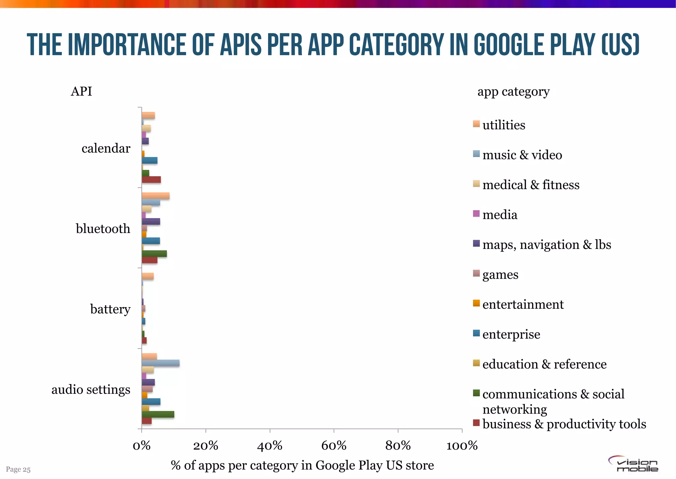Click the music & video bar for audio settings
click(x=161, y=363)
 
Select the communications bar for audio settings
click(x=158, y=415)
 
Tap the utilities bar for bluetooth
click(x=155, y=196)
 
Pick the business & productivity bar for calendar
click(x=151, y=180)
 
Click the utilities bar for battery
click(x=148, y=276)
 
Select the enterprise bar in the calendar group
click(x=150, y=161)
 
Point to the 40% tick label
click(x=270, y=446)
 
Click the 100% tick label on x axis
click(x=462, y=446)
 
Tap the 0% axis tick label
click(x=142, y=446)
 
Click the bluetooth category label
click(x=103, y=229)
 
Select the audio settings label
click(x=91, y=389)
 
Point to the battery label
click(x=110, y=309)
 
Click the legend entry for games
click(x=500, y=274)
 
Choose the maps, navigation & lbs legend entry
click(x=546, y=245)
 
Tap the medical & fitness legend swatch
click(x=476, y=184)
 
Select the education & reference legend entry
click(x=544, y=364)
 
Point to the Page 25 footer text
click(x=18, y=469)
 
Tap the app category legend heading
click(x=513, y=92)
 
